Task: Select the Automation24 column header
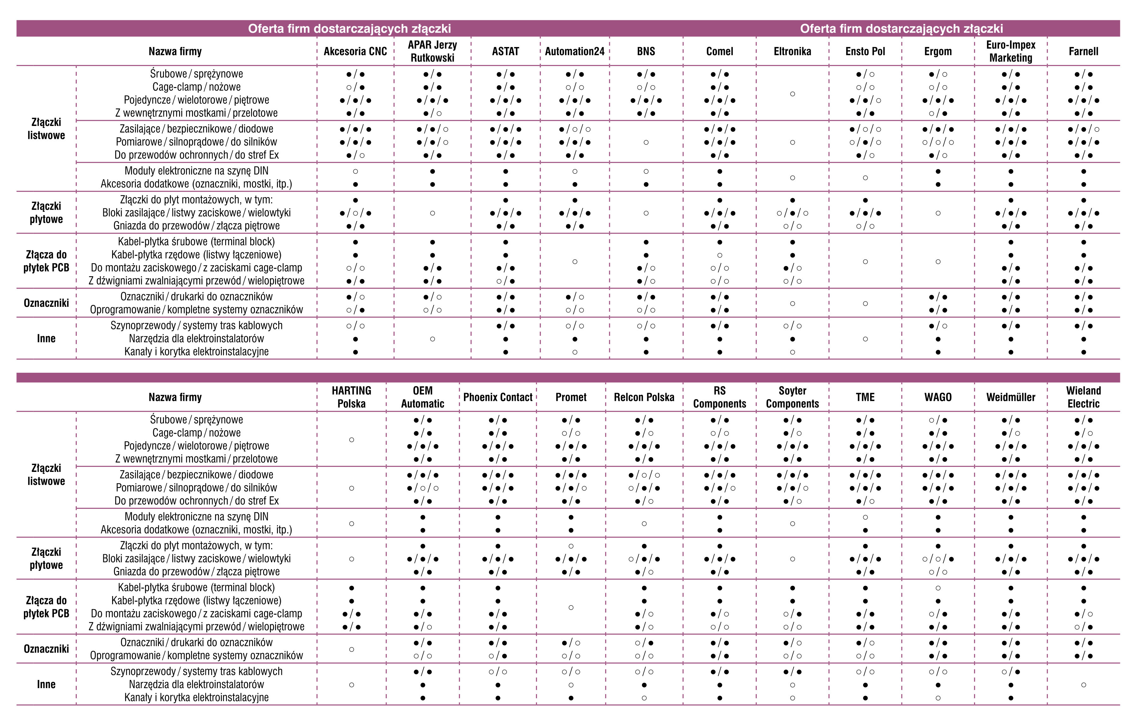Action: pos(575,51)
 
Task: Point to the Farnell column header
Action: pos(1083,51)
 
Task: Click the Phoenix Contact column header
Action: pos(498,397)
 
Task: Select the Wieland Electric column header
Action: pos(1083,397)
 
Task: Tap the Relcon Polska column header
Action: pos(644,397)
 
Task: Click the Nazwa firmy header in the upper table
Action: pos(175,51)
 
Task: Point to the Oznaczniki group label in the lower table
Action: pos(46,649)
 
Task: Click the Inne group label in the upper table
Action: pos(46,338)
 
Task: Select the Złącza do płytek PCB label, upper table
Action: pos(46,261)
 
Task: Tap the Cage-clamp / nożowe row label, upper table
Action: pos(196,87)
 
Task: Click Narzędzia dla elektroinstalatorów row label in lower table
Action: pos(196,684)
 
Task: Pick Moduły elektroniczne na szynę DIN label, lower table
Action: pos(196,517)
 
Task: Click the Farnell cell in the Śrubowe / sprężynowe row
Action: pos(1083,74)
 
